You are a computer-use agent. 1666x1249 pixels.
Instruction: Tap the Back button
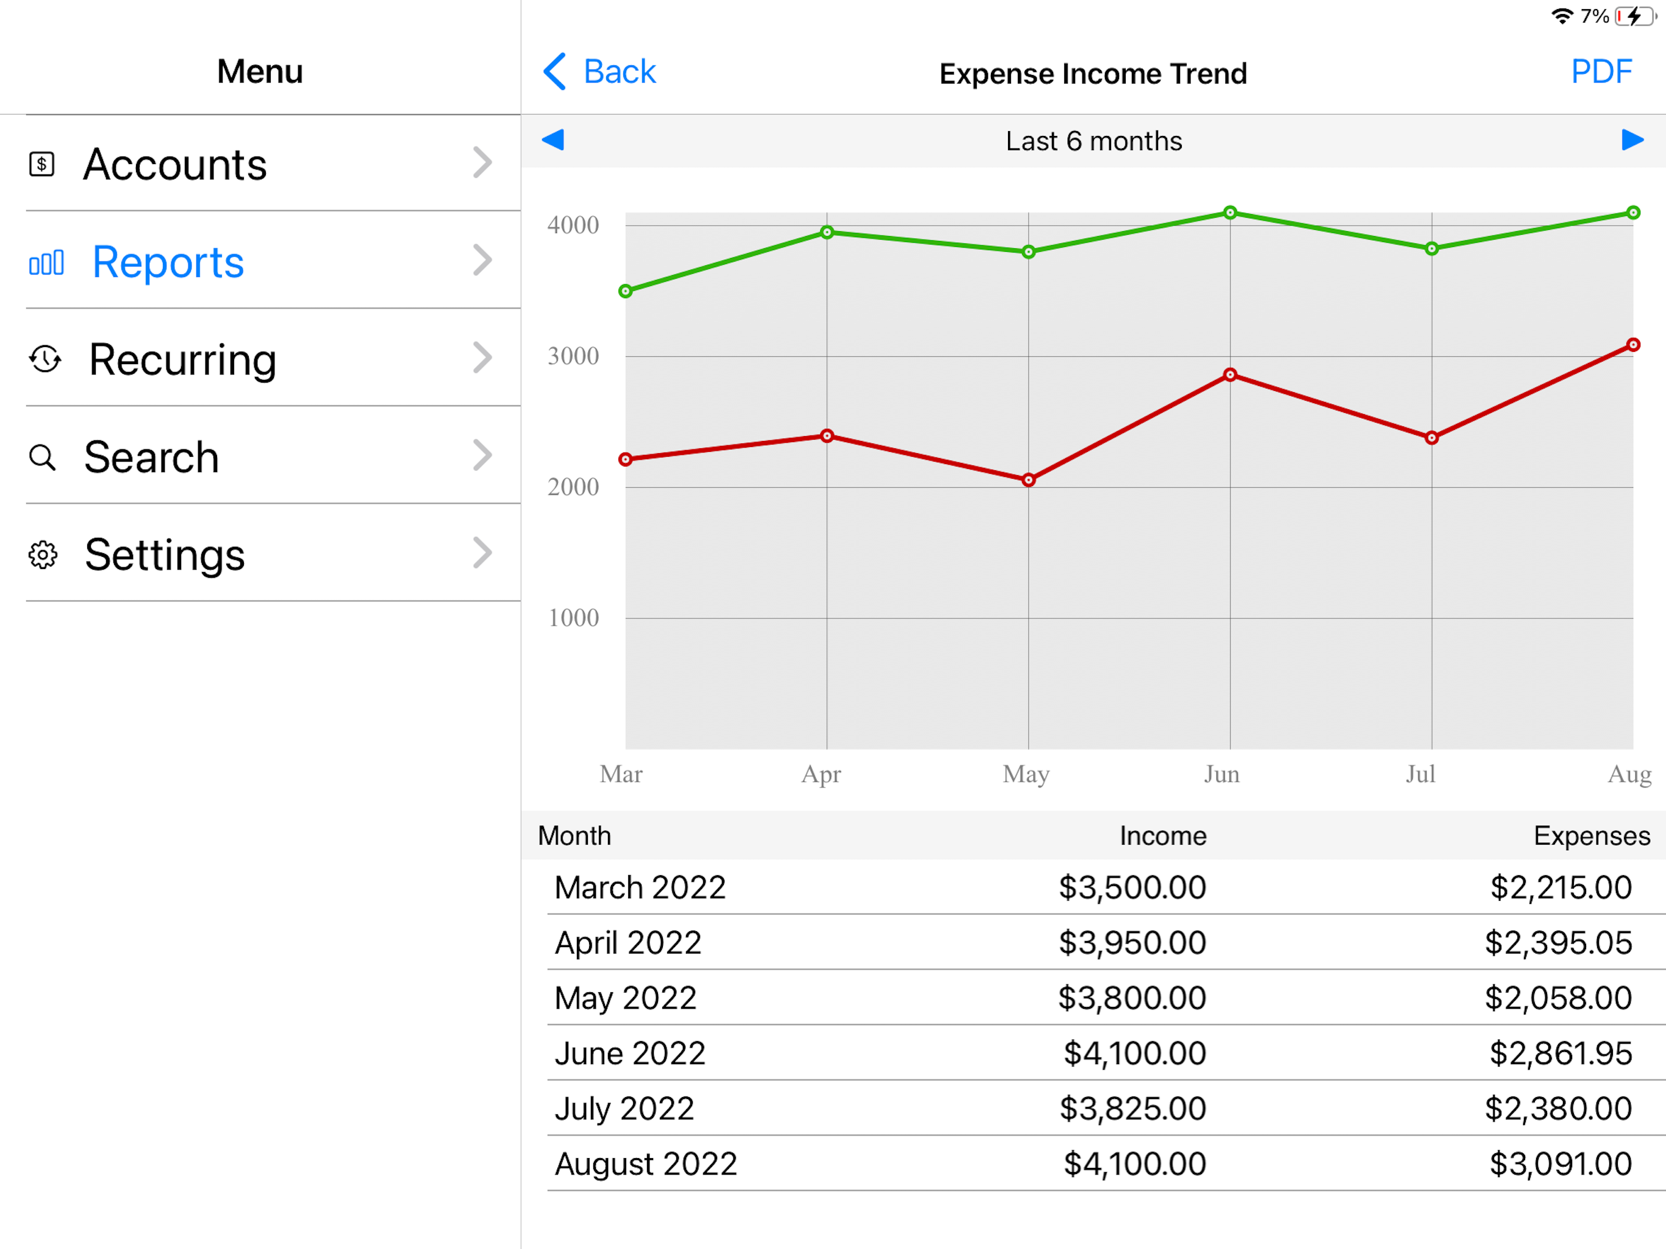(599, 73)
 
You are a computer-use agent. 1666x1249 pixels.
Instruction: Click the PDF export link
(1601, 73)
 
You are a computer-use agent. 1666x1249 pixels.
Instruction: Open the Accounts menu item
(175, 164)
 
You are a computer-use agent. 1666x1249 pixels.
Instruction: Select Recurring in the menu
(183, 359)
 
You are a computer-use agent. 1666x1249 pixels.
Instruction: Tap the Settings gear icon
(43, 554)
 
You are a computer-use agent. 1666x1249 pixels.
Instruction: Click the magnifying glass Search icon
(42, 457)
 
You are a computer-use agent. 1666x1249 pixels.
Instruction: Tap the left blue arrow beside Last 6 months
(553, 140)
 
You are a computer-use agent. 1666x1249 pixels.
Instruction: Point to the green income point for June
(1230, 212)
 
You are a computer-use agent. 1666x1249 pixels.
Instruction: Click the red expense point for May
(1029, 480)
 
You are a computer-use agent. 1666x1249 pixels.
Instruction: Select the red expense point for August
(1633, 345)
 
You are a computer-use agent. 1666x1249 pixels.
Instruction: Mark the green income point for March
(625, 291)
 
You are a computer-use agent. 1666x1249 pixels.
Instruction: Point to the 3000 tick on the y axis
(573, 356)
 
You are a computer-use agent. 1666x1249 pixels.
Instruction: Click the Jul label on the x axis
(1420, 774)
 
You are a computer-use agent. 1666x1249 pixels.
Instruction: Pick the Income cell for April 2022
(1132, 942)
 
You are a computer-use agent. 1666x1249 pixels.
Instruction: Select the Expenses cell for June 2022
(1561, 1053)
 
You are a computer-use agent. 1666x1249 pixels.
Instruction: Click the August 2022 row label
(645, 1164)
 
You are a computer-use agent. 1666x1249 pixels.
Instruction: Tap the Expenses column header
(1592, 836)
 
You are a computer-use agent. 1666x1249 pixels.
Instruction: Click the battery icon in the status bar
(1634, 16)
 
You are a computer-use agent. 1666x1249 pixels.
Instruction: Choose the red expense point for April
(827, 436)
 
